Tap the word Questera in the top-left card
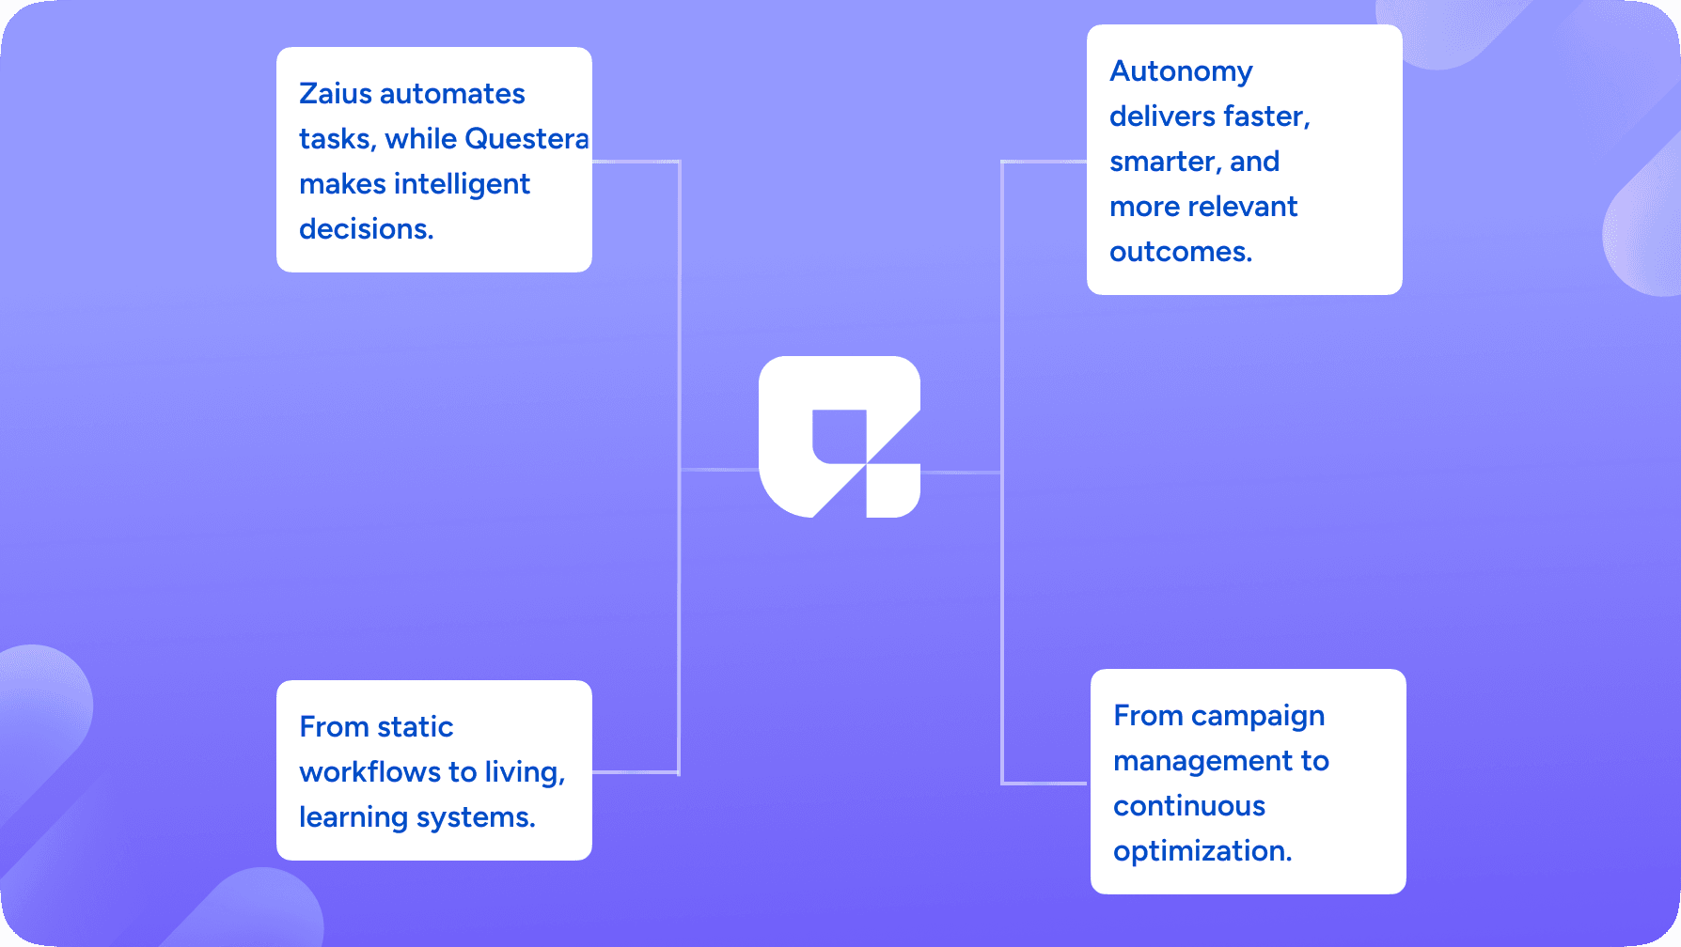point(526,139)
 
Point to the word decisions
point(366,229)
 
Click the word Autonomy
point(1181,72)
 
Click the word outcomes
point(1181,252)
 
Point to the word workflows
point(369,772)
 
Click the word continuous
point(1189,806)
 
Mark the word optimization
point(1202,851)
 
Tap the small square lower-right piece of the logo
point(892,490)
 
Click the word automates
point(453,94)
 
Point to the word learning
point(353,818)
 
